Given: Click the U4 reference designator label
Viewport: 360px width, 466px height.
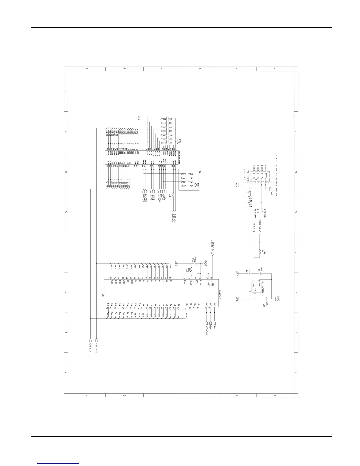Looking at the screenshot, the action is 102,294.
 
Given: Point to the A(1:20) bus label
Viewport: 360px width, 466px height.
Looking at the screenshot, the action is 91,347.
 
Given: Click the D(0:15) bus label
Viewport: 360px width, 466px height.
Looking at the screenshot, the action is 96,347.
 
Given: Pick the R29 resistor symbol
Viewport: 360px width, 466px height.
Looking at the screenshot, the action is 191,269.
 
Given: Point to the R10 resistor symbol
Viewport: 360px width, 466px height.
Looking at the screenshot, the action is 174,195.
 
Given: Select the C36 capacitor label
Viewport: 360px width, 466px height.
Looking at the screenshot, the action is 170,119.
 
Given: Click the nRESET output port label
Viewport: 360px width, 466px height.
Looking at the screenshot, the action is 254,227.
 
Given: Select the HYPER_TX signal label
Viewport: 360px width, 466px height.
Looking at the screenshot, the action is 255,214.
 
